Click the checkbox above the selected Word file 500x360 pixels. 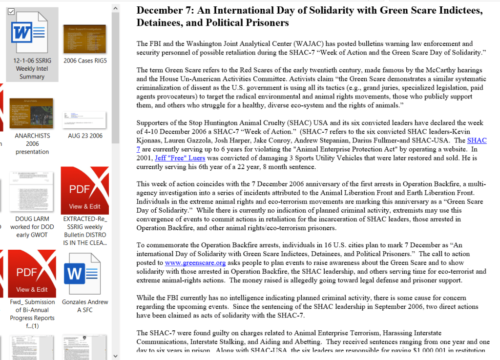(11, 11)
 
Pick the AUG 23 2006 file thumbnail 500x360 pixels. (85, 118)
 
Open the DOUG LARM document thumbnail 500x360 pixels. (32, 190)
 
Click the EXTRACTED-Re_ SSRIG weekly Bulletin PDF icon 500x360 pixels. (85, 190)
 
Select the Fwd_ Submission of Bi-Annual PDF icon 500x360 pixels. (32, 273)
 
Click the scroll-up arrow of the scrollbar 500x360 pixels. (115, 8)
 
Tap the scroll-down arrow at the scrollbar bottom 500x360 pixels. (115, 355)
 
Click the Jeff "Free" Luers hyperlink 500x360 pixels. (179, 158)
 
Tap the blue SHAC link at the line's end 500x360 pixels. (477, 140)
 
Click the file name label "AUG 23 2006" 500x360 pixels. (85, 136)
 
